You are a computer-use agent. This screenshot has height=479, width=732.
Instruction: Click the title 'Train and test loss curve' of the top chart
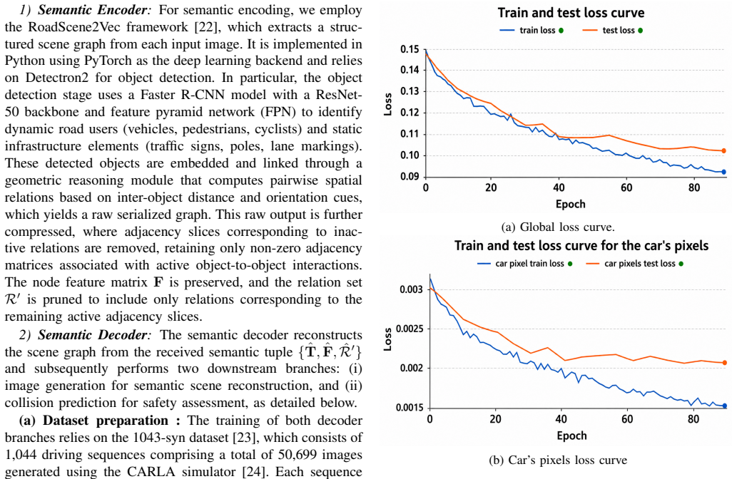pyautogui.click(x=571, y=13)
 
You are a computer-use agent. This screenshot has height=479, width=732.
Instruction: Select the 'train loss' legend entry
pyautogui.click(x=532, y=31)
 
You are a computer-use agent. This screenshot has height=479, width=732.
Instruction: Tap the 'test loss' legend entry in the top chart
pyautogui.click(x=613, y=31)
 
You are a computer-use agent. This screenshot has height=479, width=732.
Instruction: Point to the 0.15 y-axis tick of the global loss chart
pyautogui.click(x=410, y=49)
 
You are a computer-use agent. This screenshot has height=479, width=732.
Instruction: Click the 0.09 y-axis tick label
pyautogui.click(x=410, y=176)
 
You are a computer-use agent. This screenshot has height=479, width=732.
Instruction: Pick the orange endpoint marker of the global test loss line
pyautogui.click(x=724, y=150)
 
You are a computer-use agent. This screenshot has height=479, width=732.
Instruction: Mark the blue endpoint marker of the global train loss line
pyautogui.click(x=724, y=172)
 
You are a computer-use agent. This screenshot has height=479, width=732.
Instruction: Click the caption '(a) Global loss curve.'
pyautogui.click(x=558, y=227)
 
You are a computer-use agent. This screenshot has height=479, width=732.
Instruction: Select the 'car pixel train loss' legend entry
pyautogui.click(x=524, y=264)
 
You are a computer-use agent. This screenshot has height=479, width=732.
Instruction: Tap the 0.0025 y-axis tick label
pyautogui.click(x=410, y=329)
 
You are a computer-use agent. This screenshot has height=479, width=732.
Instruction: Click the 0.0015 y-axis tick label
pyautogui.click(x=410, y=408)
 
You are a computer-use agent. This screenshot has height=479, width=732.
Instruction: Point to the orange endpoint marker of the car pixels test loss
pyautogui.click(x=725, y=362)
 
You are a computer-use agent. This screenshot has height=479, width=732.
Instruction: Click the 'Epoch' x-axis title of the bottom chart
pyautogui.click(x=572, y=436)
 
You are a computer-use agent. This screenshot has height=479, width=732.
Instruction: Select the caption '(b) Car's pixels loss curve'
pyautogui.click(x=558, y=460)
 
